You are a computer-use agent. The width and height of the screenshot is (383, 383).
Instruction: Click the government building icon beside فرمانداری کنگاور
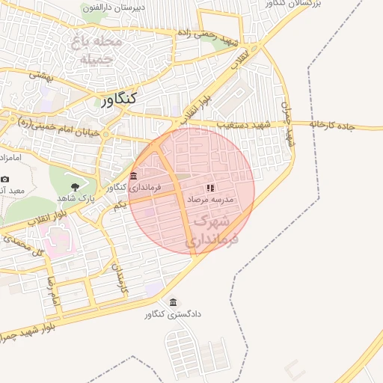point(134,176)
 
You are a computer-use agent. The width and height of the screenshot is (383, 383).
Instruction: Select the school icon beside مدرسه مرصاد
point(210,188)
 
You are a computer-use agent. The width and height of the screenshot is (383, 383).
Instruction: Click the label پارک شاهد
point(73,198)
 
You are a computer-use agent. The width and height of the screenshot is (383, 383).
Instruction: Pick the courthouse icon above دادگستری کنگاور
point(174,302)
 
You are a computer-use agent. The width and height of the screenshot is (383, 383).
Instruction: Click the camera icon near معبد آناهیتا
point(5,179)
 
